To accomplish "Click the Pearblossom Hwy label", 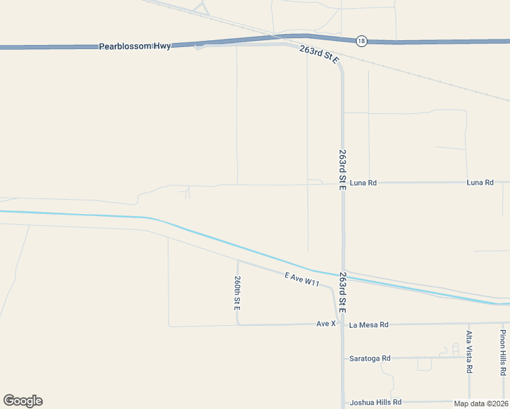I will tap(134, 46).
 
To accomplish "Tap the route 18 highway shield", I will tap(361, 41).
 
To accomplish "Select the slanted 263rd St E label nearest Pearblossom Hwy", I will tap(319, 55).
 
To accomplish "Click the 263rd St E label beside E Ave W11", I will tap(342, 293).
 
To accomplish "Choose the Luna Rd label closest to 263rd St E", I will tap(363, 183).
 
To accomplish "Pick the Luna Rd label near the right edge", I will tap(480, 183).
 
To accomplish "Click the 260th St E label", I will tap(237, 294).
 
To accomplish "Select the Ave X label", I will tap(326, 324).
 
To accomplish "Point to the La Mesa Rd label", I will tap(368, 324).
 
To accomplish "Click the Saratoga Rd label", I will tap(370, 358).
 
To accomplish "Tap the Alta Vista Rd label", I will tap(469, 352).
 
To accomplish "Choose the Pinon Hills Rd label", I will tap(502, 353).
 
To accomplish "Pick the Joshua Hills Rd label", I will tap(375, 402).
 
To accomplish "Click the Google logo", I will tap(22, 401).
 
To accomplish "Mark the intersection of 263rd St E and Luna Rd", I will tap(342, 183).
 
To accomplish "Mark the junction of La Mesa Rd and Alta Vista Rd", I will tap(469, 323).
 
